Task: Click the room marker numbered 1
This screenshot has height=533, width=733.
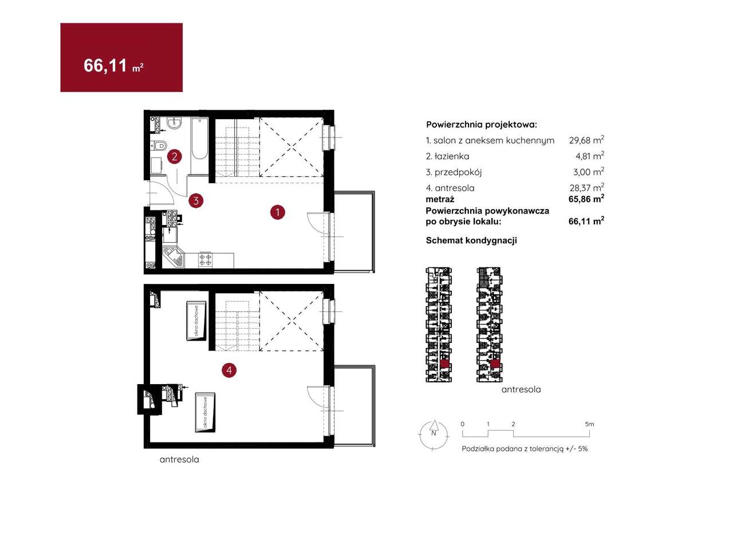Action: tap(278, 212)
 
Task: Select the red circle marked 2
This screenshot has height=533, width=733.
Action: tap(175, 156)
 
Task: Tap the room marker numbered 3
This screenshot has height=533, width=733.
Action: tap(196, 200)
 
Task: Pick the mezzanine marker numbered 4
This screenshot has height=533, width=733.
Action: tap(229, 370)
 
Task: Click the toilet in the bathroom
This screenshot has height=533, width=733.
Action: tap(159, 145)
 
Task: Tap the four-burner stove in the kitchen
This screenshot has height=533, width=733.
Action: tap(205, 259)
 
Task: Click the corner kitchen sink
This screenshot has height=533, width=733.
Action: tap(174, 258)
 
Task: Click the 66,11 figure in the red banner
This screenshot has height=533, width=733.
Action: tap(105, 65)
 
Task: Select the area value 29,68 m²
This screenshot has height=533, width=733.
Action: tap(586, 140)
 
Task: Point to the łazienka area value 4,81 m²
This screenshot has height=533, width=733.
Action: tap(590, 156)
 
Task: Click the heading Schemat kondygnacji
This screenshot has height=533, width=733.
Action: tap(471, 240)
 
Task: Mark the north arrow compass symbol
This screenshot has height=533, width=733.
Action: tap(434, 435)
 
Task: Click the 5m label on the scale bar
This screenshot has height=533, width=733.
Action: tap(589, 424)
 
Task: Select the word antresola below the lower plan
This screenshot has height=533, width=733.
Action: tap(179, 459)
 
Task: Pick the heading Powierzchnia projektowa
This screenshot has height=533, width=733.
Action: tap(482, 125)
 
